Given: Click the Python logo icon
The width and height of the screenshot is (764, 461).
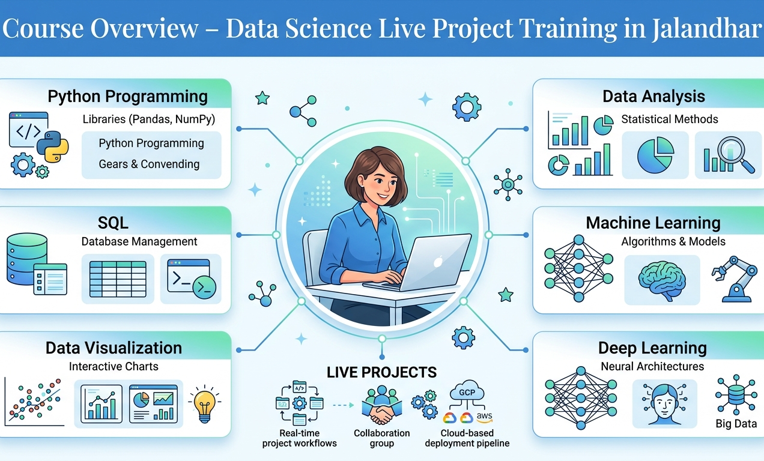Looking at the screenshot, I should tap(52, 146).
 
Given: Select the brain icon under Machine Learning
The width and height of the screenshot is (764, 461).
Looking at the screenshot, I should tap(661, 280).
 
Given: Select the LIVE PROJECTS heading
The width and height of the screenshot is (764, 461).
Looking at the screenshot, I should tap(381, 372).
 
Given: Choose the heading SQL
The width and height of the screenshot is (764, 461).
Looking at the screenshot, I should tap(113, 223).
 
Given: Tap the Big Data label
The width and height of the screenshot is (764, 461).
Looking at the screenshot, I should tap(736, 424).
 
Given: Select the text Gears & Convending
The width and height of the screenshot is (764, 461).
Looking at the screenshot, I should tap(149, 164).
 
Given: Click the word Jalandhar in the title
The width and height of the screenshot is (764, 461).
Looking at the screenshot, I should tap(706, 29).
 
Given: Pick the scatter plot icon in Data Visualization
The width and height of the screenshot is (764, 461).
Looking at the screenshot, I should tap(34, 401).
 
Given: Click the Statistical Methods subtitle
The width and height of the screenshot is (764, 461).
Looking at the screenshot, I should tap(669, 119).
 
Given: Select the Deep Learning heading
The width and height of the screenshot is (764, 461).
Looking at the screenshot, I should tap(652, 348).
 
